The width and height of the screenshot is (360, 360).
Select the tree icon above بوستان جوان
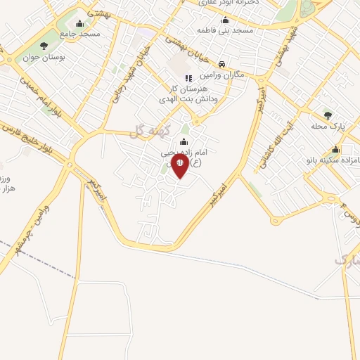click(44, 46)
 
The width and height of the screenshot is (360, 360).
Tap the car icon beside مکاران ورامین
click(222, 63)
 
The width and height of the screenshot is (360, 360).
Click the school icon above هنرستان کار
click(188, 78)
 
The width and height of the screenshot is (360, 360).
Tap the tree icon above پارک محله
click(327, 115)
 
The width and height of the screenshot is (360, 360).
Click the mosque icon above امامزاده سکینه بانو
click(336, 149)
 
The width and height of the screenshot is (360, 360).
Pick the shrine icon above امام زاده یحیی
click(184, 143)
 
